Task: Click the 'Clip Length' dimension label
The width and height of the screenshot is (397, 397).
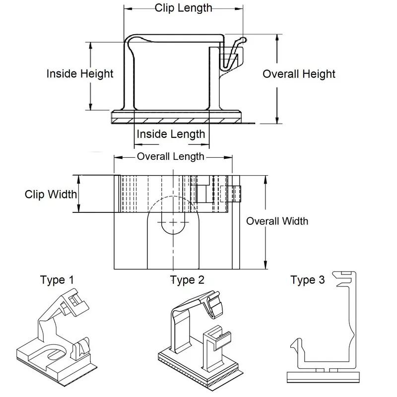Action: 183,8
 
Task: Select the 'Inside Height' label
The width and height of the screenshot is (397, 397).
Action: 80,74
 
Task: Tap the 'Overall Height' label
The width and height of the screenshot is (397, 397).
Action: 299,74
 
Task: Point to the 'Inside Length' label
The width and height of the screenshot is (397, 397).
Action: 171,134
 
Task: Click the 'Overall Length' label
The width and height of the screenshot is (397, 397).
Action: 171,157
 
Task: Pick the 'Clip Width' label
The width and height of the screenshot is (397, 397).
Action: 51,194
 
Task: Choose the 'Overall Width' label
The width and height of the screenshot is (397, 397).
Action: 277,221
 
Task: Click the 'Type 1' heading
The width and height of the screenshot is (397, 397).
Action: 58,280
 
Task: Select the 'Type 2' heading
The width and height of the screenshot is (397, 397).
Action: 187,280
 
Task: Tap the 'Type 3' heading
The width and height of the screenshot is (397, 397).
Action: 308,280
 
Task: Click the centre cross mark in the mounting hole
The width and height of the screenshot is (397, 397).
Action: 173,221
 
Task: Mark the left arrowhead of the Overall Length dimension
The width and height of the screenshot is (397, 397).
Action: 117,157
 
